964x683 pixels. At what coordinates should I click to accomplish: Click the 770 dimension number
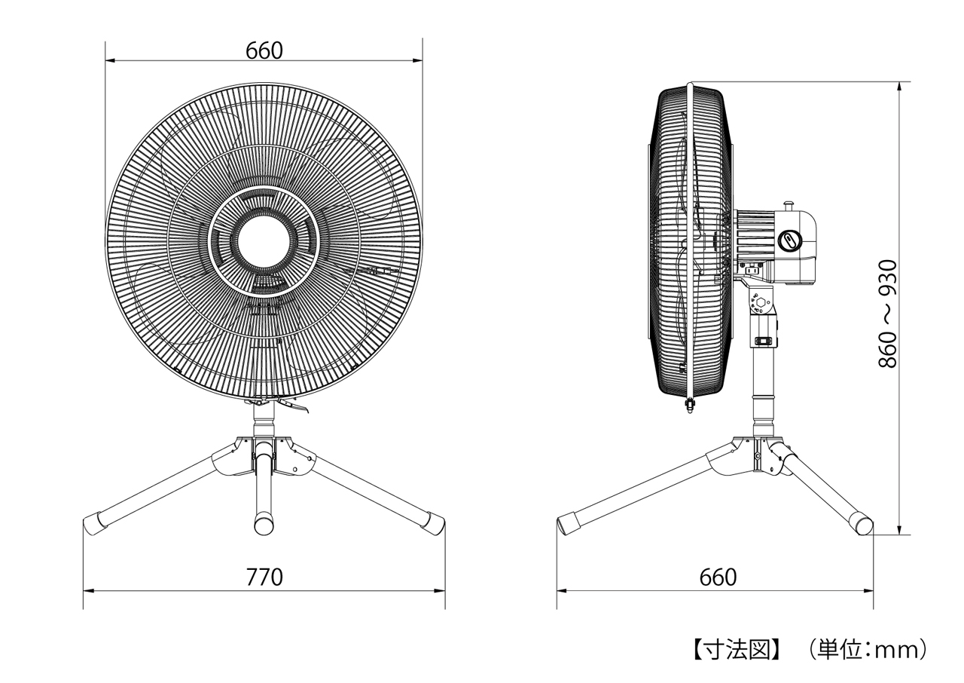pos(264,577)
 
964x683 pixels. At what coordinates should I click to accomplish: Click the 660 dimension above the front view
pos(264,51)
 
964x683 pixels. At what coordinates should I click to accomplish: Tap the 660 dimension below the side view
pos(718,577)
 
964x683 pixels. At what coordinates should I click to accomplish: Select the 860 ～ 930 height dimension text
pos(887,314)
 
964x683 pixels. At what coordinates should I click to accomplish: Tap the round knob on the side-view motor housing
pos(790,240)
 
